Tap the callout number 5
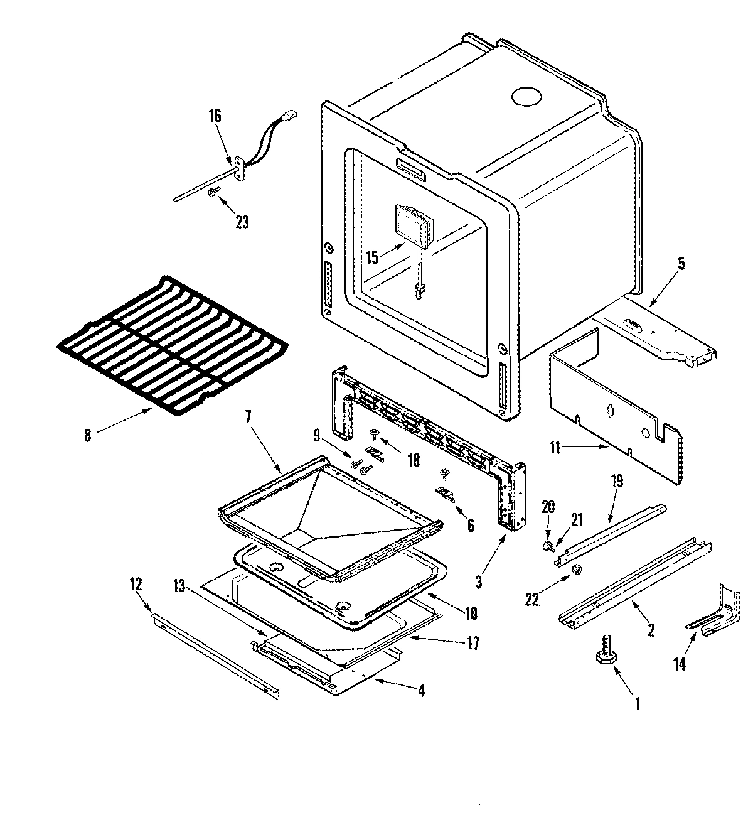pos(681,263)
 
